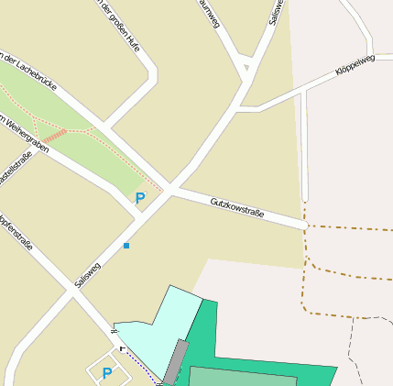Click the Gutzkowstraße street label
click(x=237, y=207)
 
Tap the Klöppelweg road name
click(x=355, y=64)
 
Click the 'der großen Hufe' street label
click(x=119, y=25)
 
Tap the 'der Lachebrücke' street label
click(x=29, y=72)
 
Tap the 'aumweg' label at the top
click(x=210, y=15)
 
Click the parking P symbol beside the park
click(x=140, y=197)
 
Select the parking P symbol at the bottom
click(x=106, y=372)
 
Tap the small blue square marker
click(x=126, y=246)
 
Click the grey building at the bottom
click(x=175, y=363)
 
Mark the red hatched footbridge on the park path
click(x=55, y=136)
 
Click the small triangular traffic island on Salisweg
click(x=246, y=67)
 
